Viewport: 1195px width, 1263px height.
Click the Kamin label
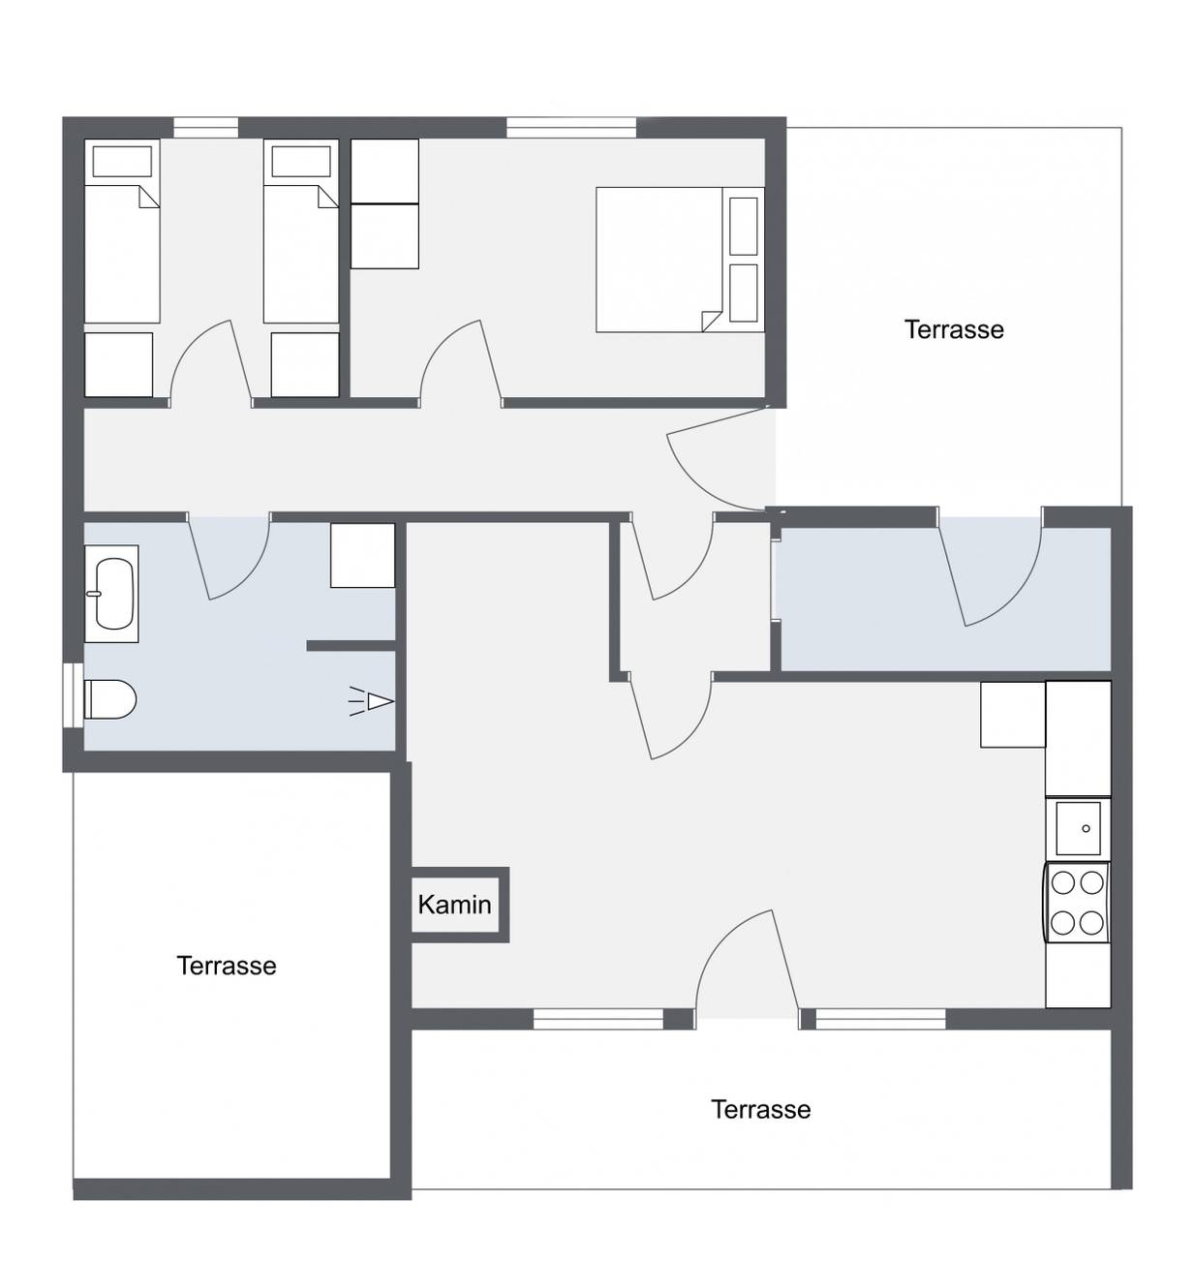453,905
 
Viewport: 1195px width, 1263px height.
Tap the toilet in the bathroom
109,699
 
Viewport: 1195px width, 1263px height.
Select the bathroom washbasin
111,594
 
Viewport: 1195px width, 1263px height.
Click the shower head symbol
371,701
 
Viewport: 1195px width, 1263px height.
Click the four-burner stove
1076,903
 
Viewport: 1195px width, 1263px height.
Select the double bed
679,260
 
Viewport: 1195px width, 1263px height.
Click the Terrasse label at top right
954,329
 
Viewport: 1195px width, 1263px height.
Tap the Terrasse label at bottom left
227,966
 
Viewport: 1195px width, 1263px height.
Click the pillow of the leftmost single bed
122,161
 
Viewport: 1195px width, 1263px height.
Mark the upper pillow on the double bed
744,226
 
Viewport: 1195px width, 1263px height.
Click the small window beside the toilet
73,695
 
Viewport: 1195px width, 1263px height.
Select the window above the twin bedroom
205,127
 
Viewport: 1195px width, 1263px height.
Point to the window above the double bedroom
571,127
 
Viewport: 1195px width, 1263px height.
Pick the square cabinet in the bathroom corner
362,555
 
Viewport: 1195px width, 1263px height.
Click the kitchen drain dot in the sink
1086,828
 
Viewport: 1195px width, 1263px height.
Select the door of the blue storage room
1001,582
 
